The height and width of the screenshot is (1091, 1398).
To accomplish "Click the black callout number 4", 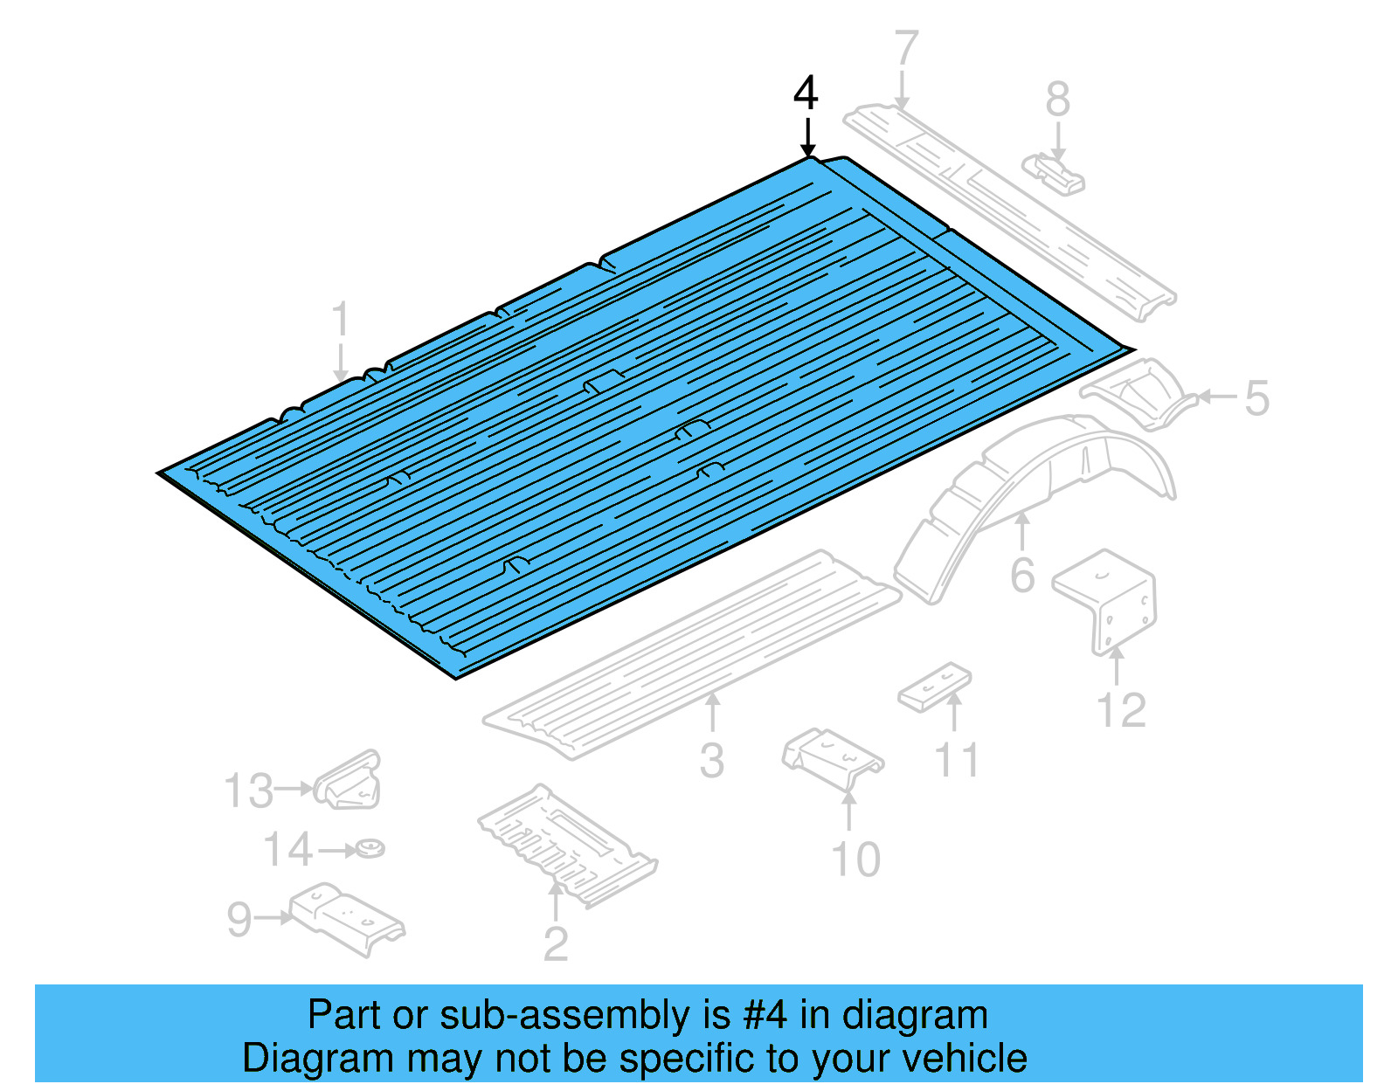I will click(x=806, y=93).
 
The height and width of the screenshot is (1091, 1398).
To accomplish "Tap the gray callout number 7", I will click(x=907, y=49).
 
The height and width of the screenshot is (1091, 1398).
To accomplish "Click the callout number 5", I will click(x=1256, y=398).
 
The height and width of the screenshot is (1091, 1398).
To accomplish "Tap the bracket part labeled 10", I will click(x=832, y=758).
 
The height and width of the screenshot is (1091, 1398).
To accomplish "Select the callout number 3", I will click(x=712, y=761).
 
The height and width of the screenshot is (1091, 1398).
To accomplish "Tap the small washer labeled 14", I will click(x=371, y=848).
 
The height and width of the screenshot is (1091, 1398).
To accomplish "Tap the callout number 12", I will click(x=1122, y=710).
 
